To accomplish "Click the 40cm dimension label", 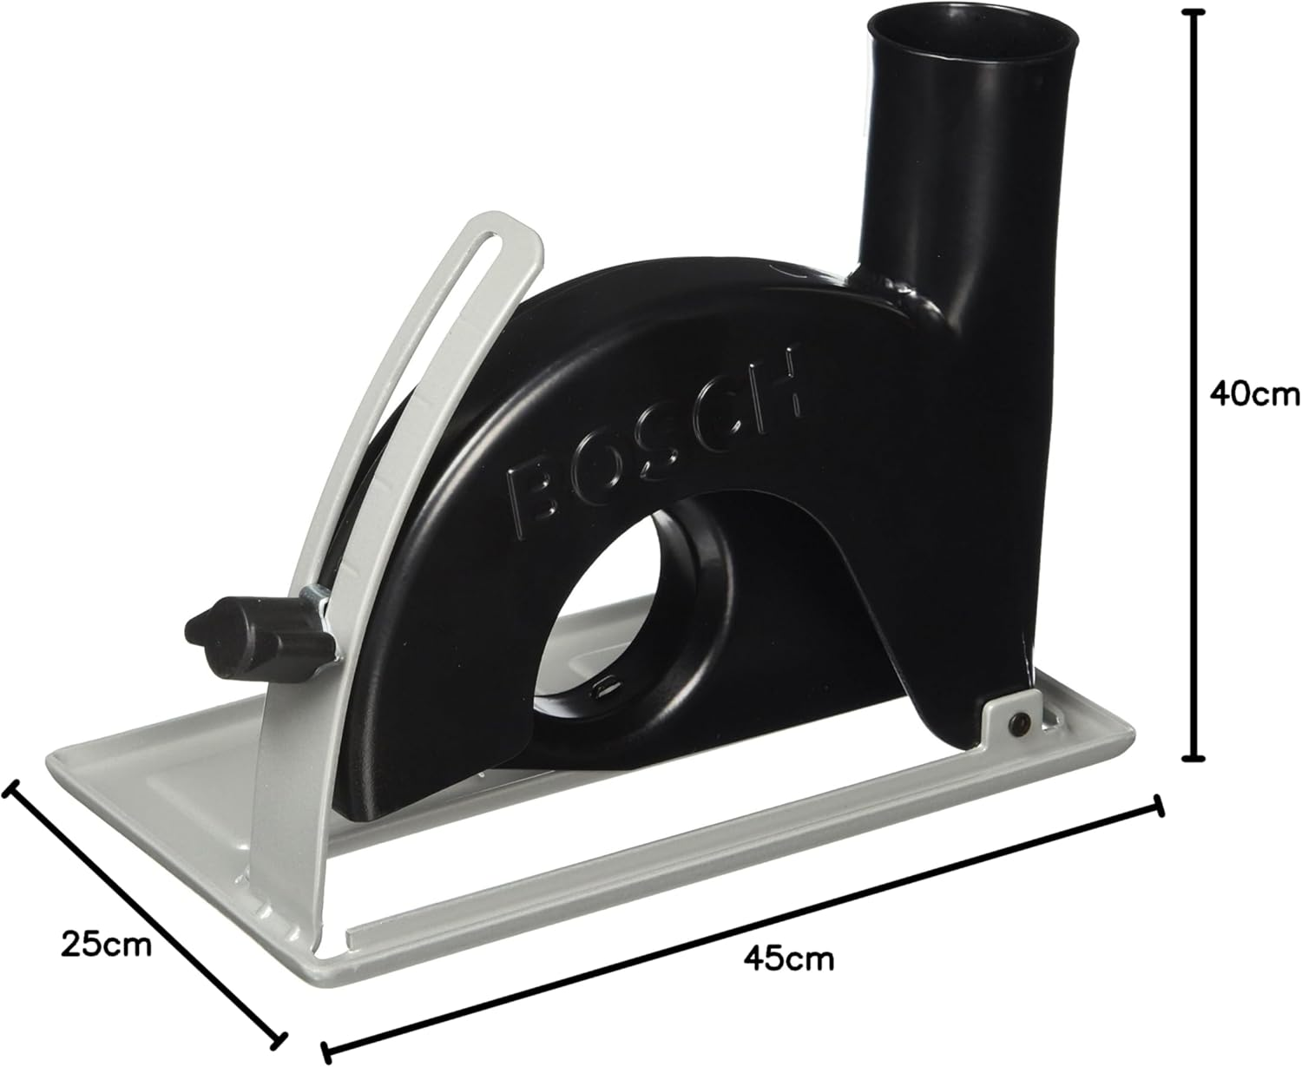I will [1251, 394].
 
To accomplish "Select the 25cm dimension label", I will [106, 943].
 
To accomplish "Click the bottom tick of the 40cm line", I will [1197, 756].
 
